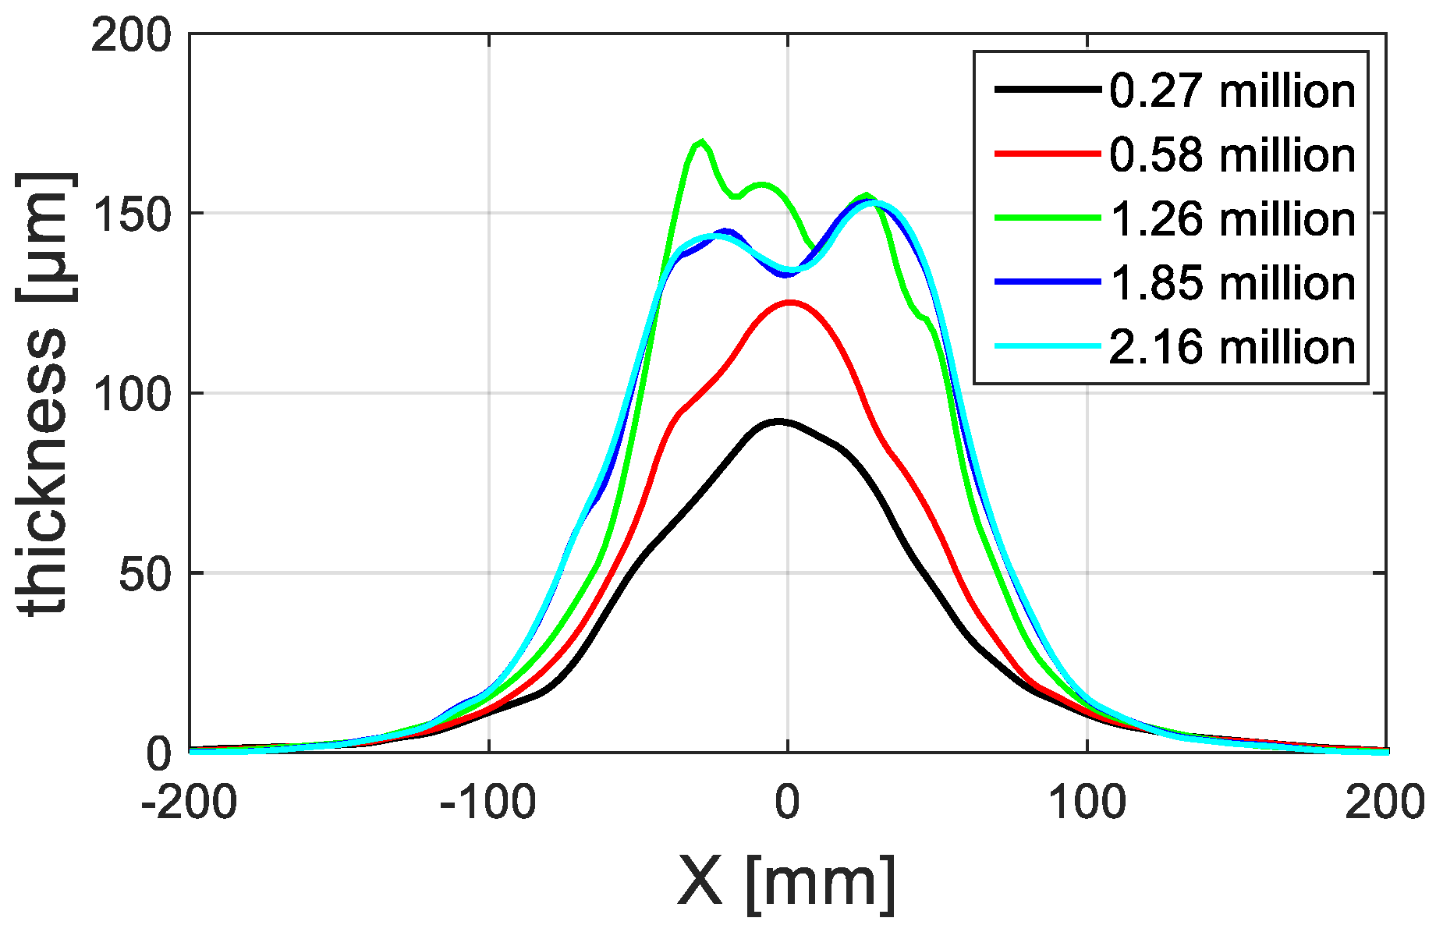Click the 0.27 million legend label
pyautogui.click(x=1232, y=92)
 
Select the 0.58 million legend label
pyautogui.click(x=1232, y=155)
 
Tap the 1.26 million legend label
pyautogui.click(x=1232, y=219)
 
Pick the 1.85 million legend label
pyautogui.click(x=1232, y=283)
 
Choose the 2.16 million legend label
pyautogui.click(x=1232, y=347)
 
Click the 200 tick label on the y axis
pyautogui.click(x=130, y=35)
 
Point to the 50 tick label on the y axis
pyautogui.click(x=144, y=574)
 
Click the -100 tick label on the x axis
pyautogui.click(x=488, y=802)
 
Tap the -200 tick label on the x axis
pyautogui.click(x=190, y=802)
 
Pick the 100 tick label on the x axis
pyautogui.click(x=1087, y=802)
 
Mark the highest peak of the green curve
pyautogui.click(x=702, y=142)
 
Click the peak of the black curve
pyautogui.click(x=778, y=421)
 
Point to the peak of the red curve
pyautogui.click(x=790, y=302)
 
